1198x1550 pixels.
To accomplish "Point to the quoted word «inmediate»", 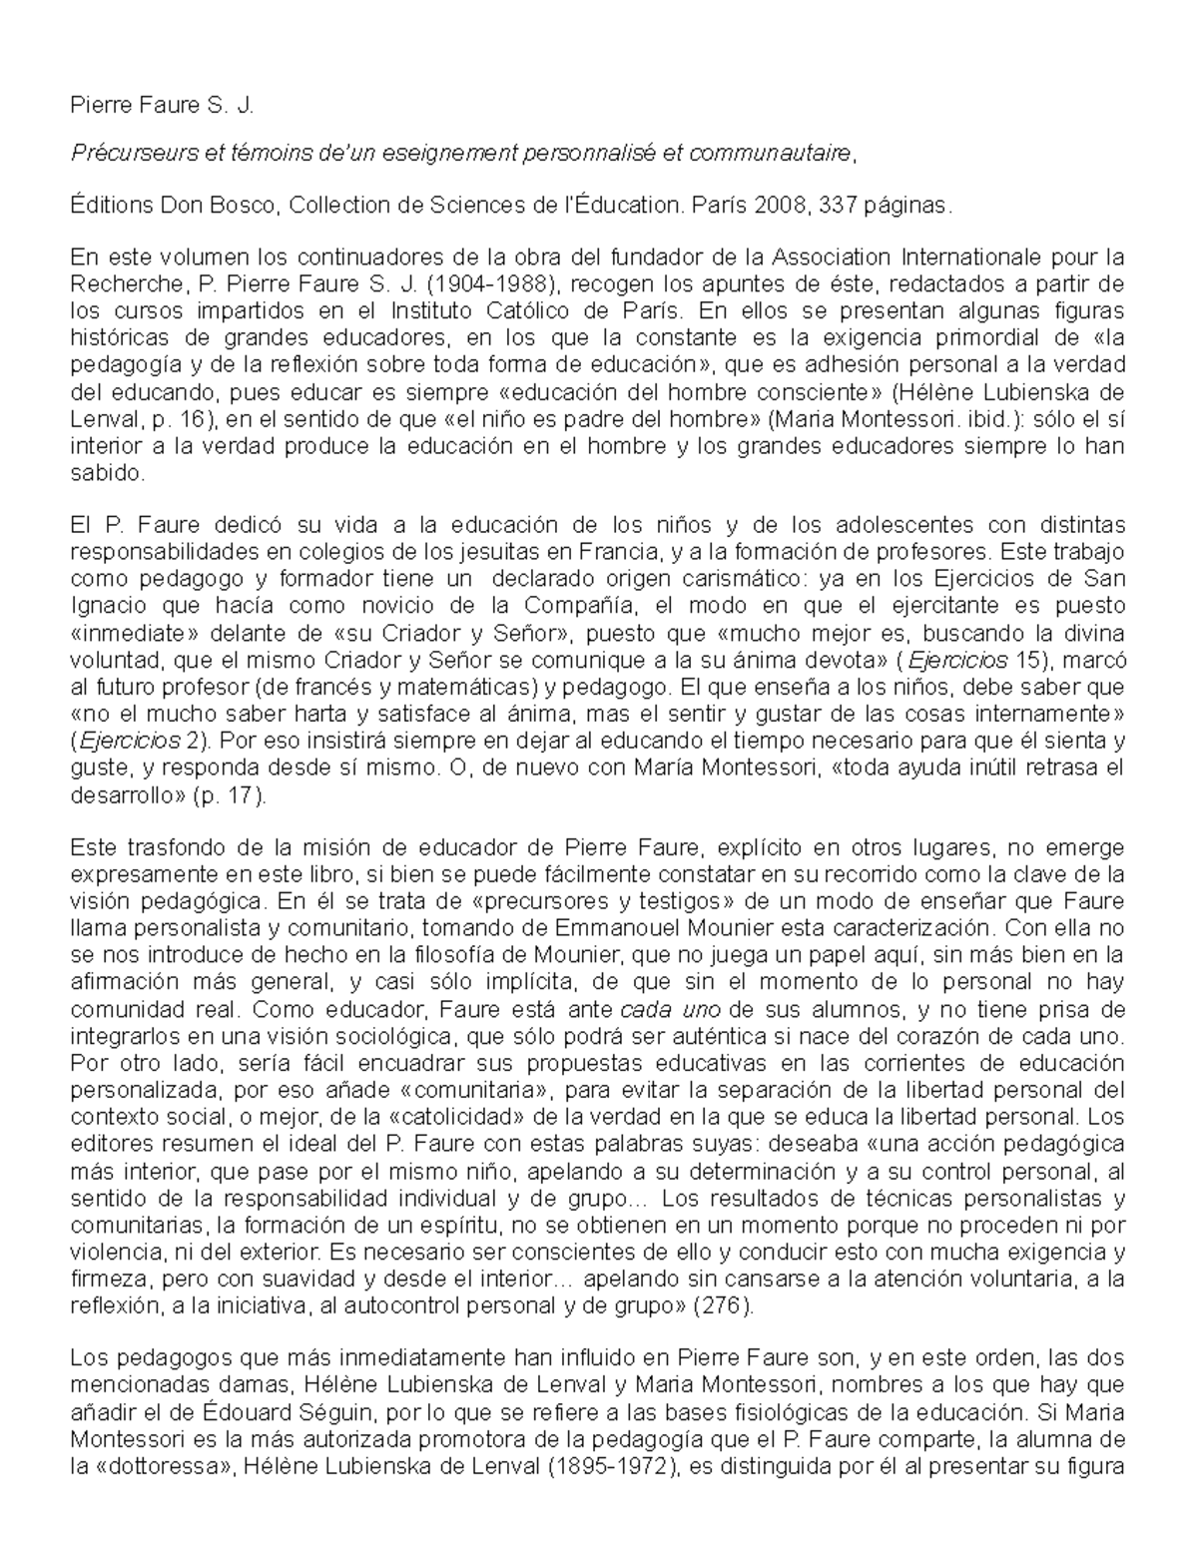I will pyautogui.click(x=126, y=633).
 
